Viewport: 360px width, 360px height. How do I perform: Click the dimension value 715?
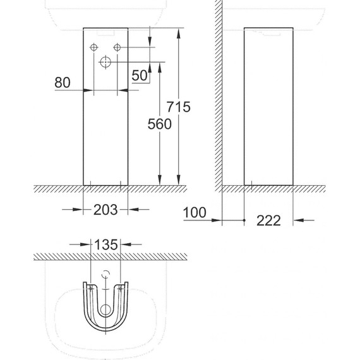[x=178, y=107]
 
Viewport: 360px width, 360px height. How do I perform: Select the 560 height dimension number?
[x=160, y=124]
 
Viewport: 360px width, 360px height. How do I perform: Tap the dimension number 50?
[x=140, y=75]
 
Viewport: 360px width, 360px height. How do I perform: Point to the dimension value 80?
[x=63, y=83]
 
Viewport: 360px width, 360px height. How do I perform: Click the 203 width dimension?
[x=105, y=210]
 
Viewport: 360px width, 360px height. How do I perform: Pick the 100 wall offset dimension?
[x=195, y=212]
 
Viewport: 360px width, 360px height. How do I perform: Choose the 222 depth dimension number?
[x=268, y=220]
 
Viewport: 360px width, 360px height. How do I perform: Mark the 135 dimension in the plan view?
[x=106, y=245]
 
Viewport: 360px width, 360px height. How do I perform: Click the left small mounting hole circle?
[x=93, y=47]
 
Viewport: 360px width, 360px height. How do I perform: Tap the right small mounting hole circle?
[x=117, y=47]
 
